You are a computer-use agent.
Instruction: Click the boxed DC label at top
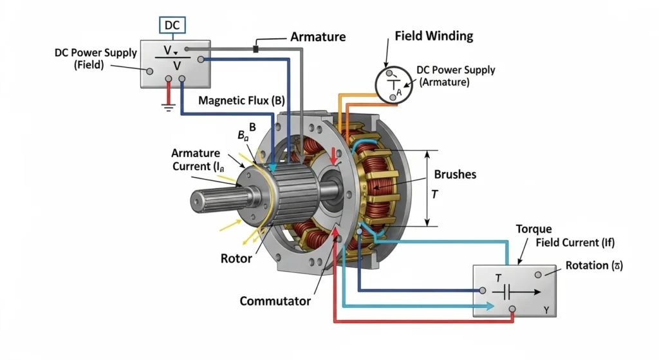point(172,26)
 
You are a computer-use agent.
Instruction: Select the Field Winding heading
point(434,36)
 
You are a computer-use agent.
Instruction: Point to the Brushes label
point(455,175)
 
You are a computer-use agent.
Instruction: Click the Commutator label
point(275,301)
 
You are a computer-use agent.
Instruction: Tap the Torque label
point(534,229)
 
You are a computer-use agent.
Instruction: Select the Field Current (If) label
point(575,243)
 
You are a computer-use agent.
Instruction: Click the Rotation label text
point(595,265)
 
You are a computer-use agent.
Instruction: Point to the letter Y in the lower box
point(546,310)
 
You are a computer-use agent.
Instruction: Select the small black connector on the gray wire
point(255,49)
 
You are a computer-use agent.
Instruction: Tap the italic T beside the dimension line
point(434,194)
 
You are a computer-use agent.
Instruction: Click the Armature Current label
point(196,160)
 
